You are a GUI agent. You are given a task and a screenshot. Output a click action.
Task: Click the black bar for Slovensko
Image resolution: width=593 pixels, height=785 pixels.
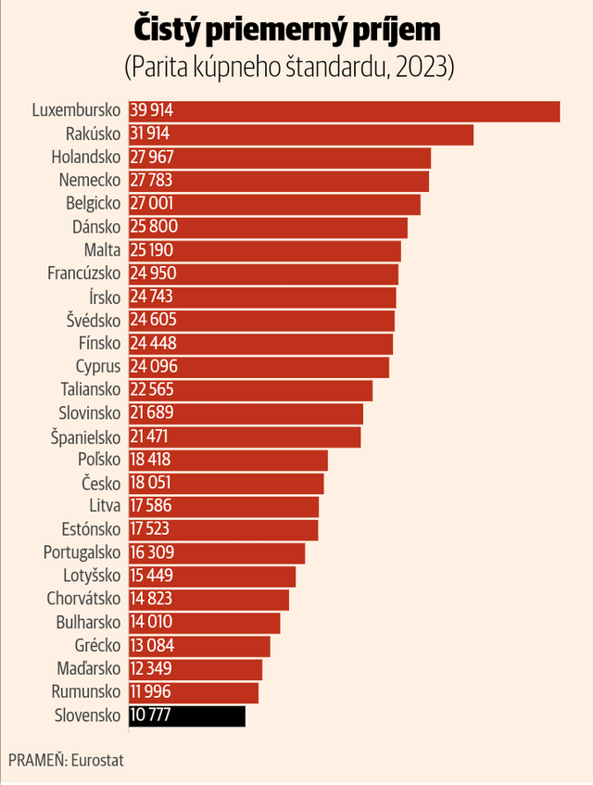[x=187, y=715]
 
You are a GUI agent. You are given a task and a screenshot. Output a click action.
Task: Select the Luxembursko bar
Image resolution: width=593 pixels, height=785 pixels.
[x=345, y=111]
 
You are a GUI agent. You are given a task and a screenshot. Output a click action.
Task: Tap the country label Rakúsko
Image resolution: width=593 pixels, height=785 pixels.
[x=93, y=134]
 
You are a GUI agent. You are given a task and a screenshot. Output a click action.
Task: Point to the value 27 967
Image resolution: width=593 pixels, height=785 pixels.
[x=152, y=158]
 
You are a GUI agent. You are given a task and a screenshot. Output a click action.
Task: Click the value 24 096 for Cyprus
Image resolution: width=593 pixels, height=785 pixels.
[x=154, y=366]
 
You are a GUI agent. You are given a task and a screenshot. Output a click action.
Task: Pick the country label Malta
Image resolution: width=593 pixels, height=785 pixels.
[x=102, y=250]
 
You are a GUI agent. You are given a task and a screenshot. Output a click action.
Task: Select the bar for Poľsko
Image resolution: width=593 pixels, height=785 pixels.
[x=228, y=460]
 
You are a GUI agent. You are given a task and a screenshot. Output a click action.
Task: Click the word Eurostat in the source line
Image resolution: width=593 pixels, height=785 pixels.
[x=97, y=761]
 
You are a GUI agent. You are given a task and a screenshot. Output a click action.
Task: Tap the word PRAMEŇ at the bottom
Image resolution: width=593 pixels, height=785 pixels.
[x=38, y=761]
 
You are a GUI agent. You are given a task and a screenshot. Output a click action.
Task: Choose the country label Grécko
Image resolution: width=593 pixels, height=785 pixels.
[x=97, y=645]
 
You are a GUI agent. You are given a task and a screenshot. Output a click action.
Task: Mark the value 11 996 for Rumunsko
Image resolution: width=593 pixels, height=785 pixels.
[x=151, y=692]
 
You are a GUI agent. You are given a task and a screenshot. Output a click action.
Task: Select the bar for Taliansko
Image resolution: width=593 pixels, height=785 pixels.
[x=251, y=390]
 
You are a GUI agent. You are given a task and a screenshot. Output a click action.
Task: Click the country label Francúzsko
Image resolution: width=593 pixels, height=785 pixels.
[x=84, y=273]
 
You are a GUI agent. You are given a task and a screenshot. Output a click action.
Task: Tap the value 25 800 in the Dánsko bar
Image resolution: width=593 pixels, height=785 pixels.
[x=154, y=227]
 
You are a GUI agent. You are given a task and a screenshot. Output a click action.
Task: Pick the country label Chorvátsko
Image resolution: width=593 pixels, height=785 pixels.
[x=83, y=599]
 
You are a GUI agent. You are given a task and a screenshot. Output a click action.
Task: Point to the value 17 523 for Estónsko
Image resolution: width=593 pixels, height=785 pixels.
[x=149, y=529]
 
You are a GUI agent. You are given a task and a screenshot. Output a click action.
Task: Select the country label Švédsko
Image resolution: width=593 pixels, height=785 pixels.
[x=94, y=321]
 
